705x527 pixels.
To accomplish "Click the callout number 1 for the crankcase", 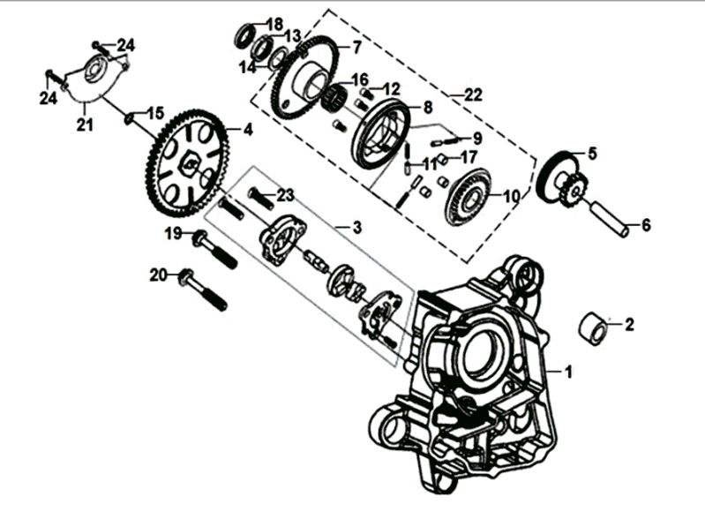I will tap(568, 373).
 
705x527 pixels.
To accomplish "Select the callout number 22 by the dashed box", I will tap(473, 94).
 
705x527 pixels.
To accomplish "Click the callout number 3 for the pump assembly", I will tap(356, 228).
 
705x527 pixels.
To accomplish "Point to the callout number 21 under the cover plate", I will tap(85, 126).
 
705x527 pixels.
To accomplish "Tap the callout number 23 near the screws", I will tap(284, 195).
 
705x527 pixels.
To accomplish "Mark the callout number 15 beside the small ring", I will tap(154, 113).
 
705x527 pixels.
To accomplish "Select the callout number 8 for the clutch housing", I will tap(427, 108).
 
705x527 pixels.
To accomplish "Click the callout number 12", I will tap(391, 88).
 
